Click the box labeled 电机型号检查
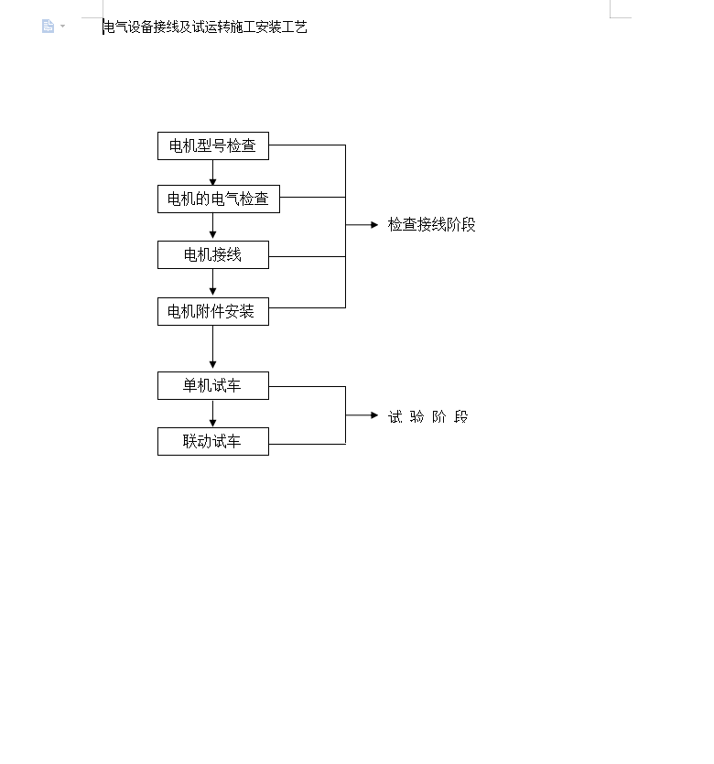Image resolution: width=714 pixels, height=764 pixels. [x=213, y=145]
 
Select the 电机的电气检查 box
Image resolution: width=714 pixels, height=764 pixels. [x=219, y=199]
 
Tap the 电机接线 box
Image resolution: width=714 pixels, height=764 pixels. [x=213, y=255]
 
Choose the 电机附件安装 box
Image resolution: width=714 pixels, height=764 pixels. [x=213, y=311]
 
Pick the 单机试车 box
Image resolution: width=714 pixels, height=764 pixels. [x=213, y=385]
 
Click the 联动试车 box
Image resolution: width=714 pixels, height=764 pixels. [x=213, y=441]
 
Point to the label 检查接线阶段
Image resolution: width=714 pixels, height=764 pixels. [x=431, y=224]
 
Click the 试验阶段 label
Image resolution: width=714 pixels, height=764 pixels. [x=427, y=416]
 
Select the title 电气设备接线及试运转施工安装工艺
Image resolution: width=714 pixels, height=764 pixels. [x=206, y=27]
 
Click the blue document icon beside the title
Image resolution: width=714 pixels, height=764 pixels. [x=48, y=26]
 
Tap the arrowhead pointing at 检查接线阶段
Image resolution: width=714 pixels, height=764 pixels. [x=374, y=224]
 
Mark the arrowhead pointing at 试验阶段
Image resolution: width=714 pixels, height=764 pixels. [x=374, y=415]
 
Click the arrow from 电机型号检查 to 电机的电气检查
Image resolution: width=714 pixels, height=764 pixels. [x=212, y=173]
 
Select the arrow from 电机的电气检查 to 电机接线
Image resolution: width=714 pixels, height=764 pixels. [x=212, y=227]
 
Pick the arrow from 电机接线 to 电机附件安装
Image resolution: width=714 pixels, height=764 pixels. [x=212, y=283]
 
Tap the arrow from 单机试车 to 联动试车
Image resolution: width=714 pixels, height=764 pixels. [x=212, y=414]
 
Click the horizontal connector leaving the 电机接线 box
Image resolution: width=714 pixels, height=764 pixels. [x=307, y=256]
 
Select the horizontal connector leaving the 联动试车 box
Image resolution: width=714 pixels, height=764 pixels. [x=307, y=444]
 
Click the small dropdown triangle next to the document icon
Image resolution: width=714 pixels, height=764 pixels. [x=62, y=26]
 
